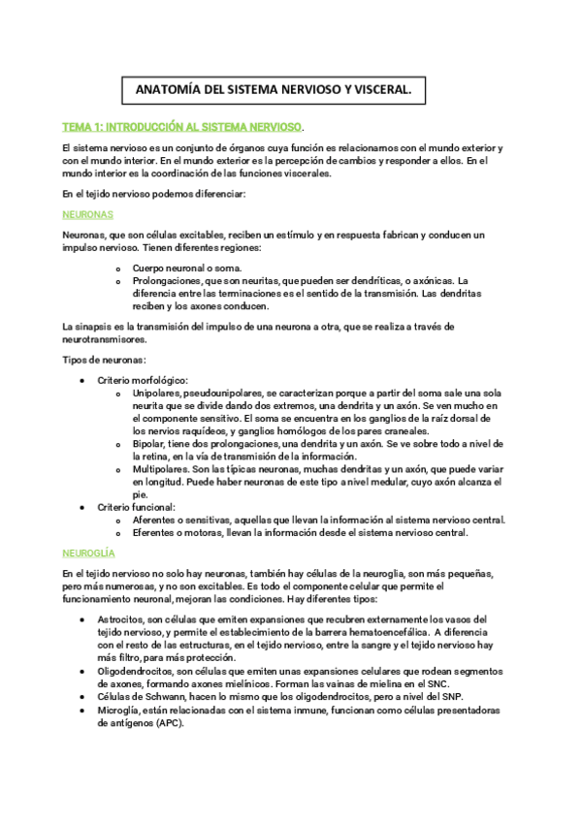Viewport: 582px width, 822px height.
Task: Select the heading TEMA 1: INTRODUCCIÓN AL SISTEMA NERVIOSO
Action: (182, 127)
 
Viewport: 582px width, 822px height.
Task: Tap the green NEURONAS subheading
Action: (87, 213)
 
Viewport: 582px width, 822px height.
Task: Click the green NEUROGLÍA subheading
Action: (88, 552)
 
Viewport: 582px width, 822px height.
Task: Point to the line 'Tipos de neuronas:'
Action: (104, 361)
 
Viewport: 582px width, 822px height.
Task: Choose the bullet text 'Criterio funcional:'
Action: (136, 506)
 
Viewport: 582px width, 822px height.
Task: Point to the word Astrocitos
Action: (120, 618)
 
